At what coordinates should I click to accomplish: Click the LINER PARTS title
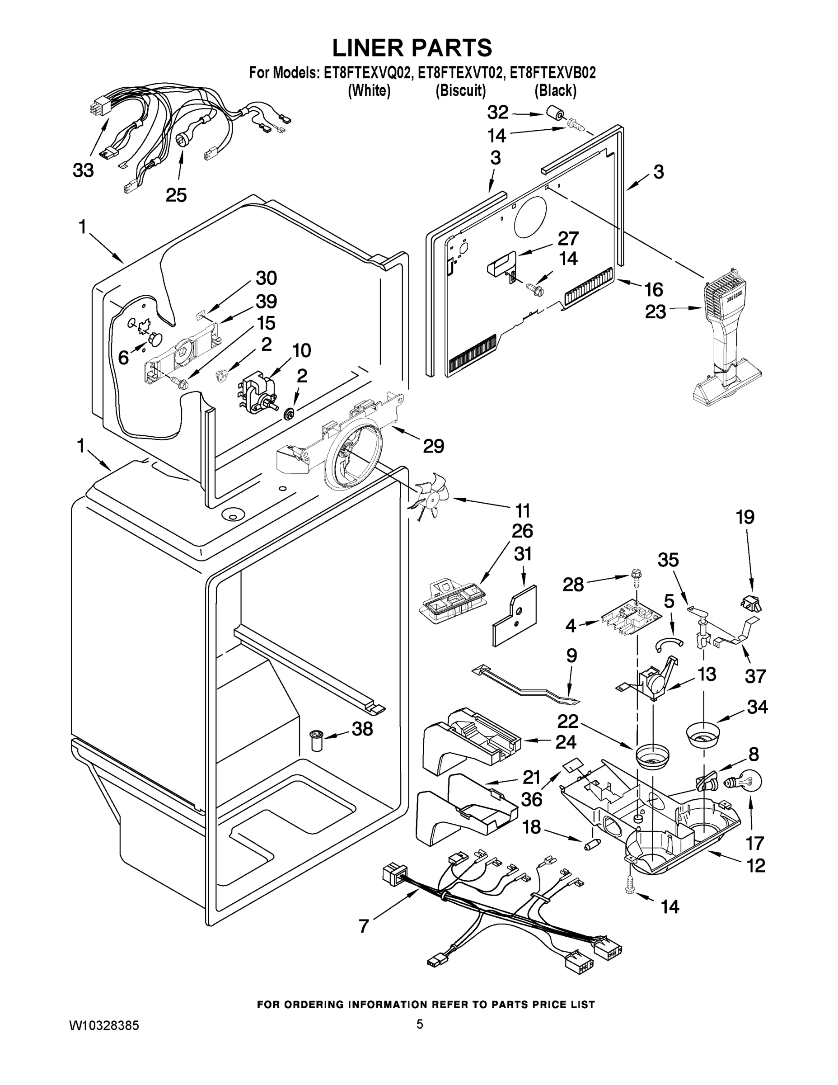click(x=412, y=48)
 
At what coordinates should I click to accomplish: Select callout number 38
click(x=362, y=729)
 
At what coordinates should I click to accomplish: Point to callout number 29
click(x=433, y=446)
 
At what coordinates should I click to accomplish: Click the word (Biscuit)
click(x=460, y=90)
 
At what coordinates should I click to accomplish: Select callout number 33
click(x=84, y=170)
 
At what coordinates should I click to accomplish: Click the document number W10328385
click(x=104, y=1025)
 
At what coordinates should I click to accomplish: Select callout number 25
click(x=176, y=195)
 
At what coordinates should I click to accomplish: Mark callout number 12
click(x=756, y=865)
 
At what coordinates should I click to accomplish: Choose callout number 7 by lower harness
click(x=364, y=926)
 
